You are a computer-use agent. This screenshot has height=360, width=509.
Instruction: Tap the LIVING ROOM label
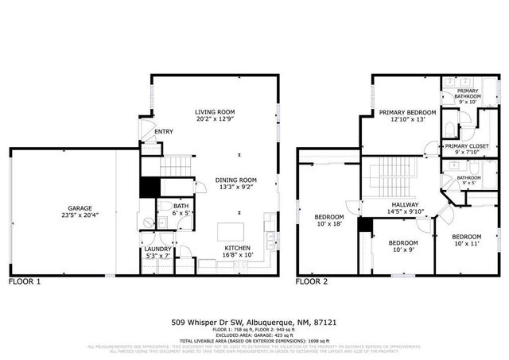[216, 112]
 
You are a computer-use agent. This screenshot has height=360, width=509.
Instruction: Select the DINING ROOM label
[236, 180]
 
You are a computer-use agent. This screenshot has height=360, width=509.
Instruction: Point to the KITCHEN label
[237, 248]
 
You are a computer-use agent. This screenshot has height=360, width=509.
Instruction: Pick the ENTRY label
[164, 132]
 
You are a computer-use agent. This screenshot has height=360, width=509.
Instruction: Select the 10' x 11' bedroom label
[467, 237]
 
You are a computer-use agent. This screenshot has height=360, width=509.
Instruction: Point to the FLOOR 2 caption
[312, 282]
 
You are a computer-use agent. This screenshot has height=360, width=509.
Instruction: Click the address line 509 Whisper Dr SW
[210, 323]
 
